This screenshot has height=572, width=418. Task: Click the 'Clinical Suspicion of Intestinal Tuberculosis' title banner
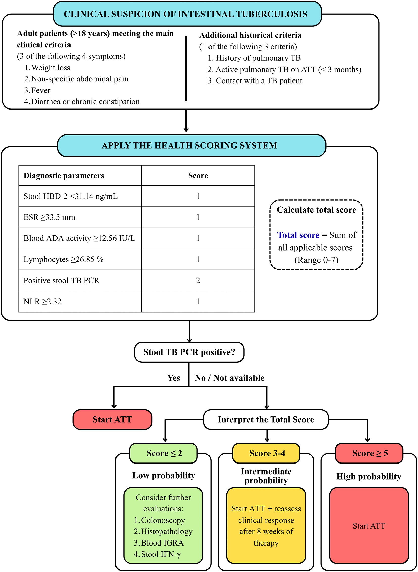tap(187, 14)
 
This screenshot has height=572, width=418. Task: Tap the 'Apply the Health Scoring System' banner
tap(192, 146)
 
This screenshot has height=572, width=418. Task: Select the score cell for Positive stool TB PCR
tap(198, 280)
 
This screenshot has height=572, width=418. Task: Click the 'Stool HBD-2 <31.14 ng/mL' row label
tap(71, 196)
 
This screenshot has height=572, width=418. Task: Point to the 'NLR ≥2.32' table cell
tap(80, 302)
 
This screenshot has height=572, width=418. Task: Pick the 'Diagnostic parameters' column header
tap(64, 176)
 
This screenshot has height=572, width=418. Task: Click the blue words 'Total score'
tap(298, 235)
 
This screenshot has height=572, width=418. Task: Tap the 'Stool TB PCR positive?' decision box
tap(189, 352)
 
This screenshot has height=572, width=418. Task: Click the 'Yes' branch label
tap(174, 378)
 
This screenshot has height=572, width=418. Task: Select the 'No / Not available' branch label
tap(229, 378)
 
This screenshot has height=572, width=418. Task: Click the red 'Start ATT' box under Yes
tap(112, 419)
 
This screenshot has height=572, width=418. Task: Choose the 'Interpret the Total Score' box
tap(266, 419)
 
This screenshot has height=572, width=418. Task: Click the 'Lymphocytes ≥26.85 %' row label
tap(63, 259)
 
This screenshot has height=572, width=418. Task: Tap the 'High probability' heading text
tap(369, 476)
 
